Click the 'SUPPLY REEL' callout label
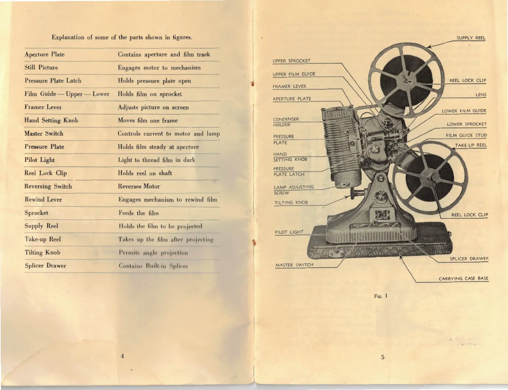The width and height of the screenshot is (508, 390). (471, 38)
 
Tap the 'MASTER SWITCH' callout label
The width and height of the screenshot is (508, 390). (294, 265)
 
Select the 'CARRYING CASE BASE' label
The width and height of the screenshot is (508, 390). (463, 279)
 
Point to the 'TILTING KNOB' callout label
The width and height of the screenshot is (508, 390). (291, 203)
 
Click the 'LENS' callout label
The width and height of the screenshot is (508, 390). (481, 95)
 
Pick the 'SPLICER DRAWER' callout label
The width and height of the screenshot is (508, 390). (469, 259)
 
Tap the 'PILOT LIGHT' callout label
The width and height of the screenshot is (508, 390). (289, 232)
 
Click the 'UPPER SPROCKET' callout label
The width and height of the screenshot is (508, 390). (291, 61)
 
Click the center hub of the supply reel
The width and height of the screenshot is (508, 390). (407, 81)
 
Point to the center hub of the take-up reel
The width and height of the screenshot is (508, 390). (430, 179)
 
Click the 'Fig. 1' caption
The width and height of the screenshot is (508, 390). (381, 296)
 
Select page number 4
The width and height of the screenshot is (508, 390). (122, 356)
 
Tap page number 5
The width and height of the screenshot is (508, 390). (382, 357)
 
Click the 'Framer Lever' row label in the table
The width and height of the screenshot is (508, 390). (43, 107)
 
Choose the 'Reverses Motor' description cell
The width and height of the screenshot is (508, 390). (139, 186)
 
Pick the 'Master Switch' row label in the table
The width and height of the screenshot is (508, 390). (44, 133)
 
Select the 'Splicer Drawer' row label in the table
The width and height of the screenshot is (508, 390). (45, 266)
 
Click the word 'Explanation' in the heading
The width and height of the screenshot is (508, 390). (68, 37)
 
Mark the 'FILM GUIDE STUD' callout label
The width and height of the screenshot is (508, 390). (466, 135)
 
